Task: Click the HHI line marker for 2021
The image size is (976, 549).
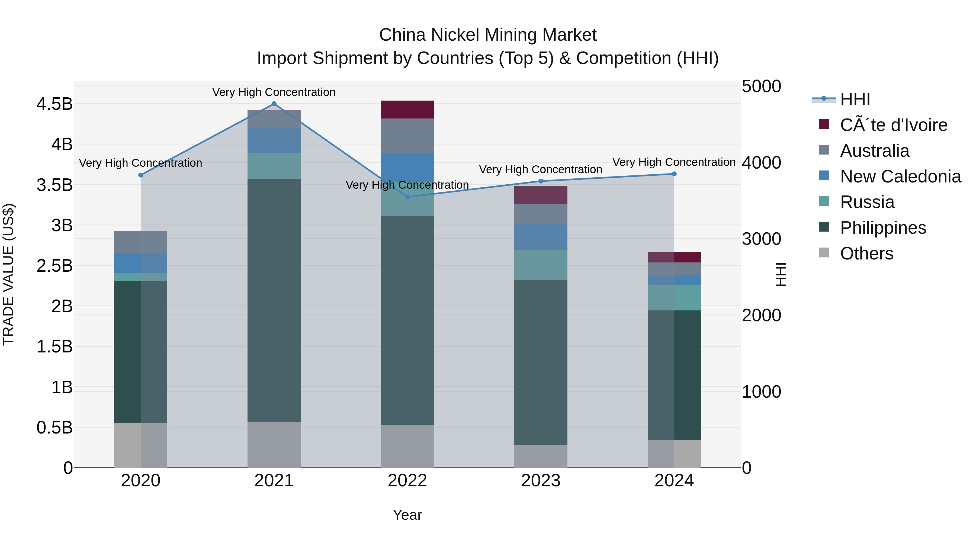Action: [274, 104]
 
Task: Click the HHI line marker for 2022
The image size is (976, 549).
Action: [407, 197]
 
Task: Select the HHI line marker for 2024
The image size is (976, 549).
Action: [674, 174]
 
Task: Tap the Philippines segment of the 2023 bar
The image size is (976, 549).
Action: [541, 362]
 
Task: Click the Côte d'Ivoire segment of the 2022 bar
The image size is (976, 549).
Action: [407, 110]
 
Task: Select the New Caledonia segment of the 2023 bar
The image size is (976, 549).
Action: [541, 236]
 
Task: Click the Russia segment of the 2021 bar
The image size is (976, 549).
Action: [274, 166]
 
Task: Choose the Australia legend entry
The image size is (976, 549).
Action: [874, 151]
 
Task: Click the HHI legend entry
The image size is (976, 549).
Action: [855, 99]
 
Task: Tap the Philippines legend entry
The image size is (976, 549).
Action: [883, 228]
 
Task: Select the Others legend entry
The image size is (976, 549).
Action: [866, 253]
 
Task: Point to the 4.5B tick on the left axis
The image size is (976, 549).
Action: [54, 104]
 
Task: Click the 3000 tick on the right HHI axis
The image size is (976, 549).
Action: [761, 239]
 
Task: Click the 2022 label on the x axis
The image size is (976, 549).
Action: [407, 481]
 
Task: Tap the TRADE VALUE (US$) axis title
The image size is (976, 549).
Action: [8, 274]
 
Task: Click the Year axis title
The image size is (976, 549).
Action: [407, 515]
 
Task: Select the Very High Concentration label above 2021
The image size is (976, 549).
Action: [274, 92]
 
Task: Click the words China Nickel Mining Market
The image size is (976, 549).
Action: [488, 35]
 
